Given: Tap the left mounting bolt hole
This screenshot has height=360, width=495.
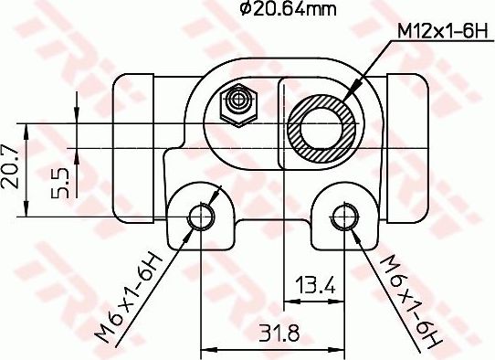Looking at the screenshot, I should point(200,217).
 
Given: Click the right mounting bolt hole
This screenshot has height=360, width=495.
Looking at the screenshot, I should point(343,217).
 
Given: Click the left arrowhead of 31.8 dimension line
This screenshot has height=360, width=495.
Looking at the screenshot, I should point(205,347).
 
